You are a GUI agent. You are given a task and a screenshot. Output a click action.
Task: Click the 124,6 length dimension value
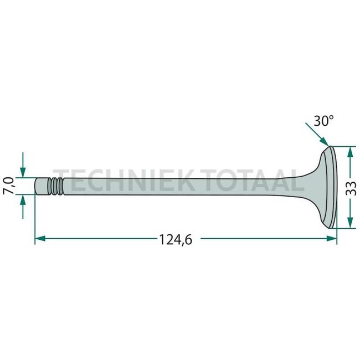point(176,240)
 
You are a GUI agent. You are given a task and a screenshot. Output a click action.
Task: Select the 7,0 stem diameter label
point(9,186)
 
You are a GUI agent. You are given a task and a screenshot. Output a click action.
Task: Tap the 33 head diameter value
point(351,188)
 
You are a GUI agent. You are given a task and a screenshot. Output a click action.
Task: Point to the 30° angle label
point(323,121)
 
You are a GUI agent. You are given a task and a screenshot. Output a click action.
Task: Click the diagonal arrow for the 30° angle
point(317,135)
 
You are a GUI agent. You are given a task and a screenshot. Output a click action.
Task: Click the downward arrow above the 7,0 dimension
point(23,165)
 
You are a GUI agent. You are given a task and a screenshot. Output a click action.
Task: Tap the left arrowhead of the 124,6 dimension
point(40,239)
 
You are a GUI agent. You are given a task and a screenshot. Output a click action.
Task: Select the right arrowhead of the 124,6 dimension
point(332,239)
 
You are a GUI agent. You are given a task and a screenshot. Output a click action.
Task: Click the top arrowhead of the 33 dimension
point(350,152)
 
